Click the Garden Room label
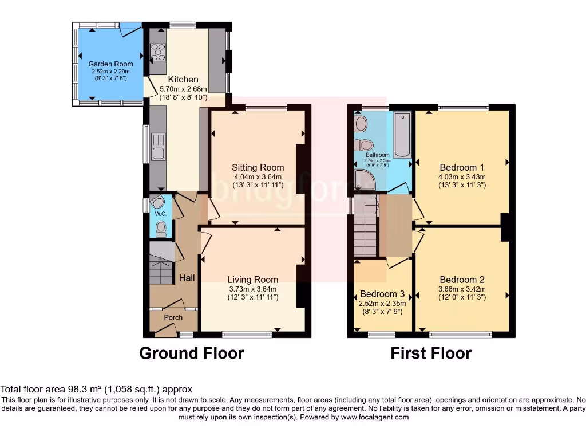tap(110, 64)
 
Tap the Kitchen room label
tap(183, 80)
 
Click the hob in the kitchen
tap(158, 52)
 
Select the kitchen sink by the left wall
tap(158, 147)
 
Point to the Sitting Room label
tap(258, 168)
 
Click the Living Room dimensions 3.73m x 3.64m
tap(252, 289)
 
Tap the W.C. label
tap(160, 214)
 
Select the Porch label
tap(173, 317)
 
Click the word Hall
tap(187, 278)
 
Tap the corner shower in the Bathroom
tap(362, 180)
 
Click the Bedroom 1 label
tap(461, 169)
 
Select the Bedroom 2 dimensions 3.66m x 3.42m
tap(461, 289)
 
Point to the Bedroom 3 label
tap(382, 294)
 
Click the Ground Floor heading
tap(192, 353)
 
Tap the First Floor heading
tap(431, 353)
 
